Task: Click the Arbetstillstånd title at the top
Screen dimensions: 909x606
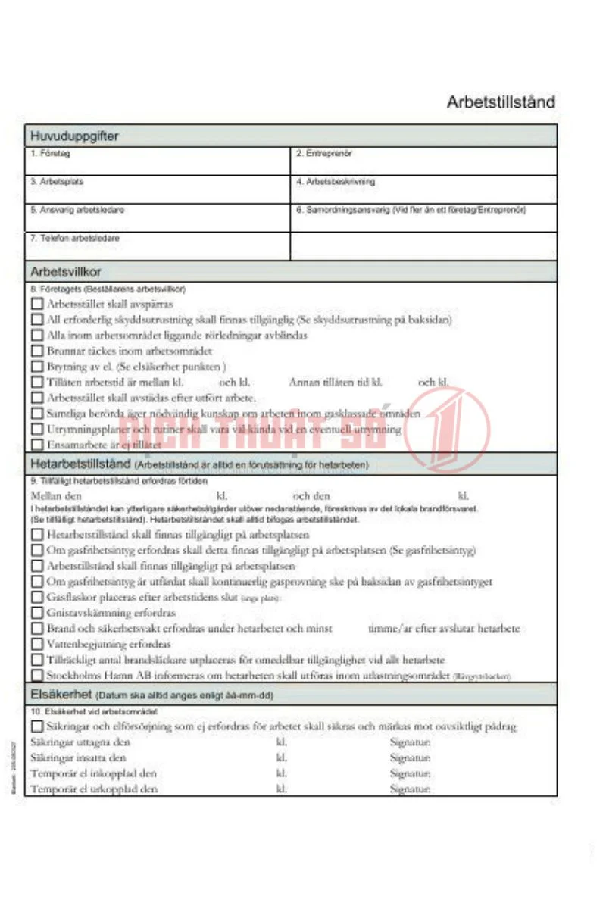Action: click(x=501, y=102)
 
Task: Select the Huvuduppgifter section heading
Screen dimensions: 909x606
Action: click(x=74, y=136)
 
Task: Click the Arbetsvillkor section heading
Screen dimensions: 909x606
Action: click(x=66, y=271)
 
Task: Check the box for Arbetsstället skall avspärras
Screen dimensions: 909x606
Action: click(x=37, y=304)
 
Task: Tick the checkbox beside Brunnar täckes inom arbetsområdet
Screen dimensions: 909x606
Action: click(x=37, y=351)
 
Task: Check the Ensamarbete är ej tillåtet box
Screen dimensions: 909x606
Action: click(x=37, y=445)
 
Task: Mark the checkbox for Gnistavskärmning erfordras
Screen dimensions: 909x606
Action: click(x=37, y=613)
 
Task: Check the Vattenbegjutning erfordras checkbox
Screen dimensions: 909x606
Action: click(x=37, y=644)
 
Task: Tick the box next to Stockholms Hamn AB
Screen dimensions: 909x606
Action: click(x=37, y=675)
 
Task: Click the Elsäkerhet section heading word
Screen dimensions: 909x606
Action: click(x=61, y=694)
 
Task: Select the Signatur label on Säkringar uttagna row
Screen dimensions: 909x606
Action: click(x=410, y=742)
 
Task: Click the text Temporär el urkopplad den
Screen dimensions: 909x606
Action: click(x=94, y=789)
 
